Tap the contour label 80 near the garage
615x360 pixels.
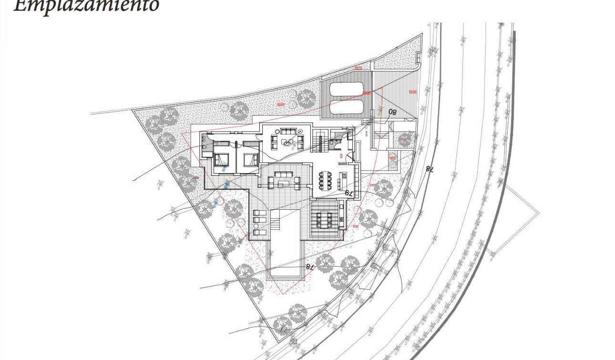392,113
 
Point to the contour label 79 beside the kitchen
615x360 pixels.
348,193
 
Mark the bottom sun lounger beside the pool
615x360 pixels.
260,232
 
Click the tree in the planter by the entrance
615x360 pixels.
404,140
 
